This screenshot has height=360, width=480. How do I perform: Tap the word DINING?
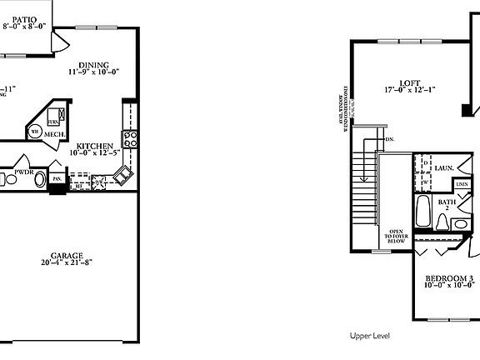click(93, 65)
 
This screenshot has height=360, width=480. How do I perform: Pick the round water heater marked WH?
click(35, 131)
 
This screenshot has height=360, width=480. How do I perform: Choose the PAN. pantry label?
click(57, 177)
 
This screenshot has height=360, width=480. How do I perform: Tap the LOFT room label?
click(408, 82)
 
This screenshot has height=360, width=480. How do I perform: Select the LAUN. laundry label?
click(442, 168)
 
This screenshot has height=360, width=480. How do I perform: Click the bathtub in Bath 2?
click(422, 213)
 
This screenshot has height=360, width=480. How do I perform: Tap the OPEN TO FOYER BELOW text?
click(397, 236)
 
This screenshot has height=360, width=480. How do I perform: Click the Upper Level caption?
click(369, 336)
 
